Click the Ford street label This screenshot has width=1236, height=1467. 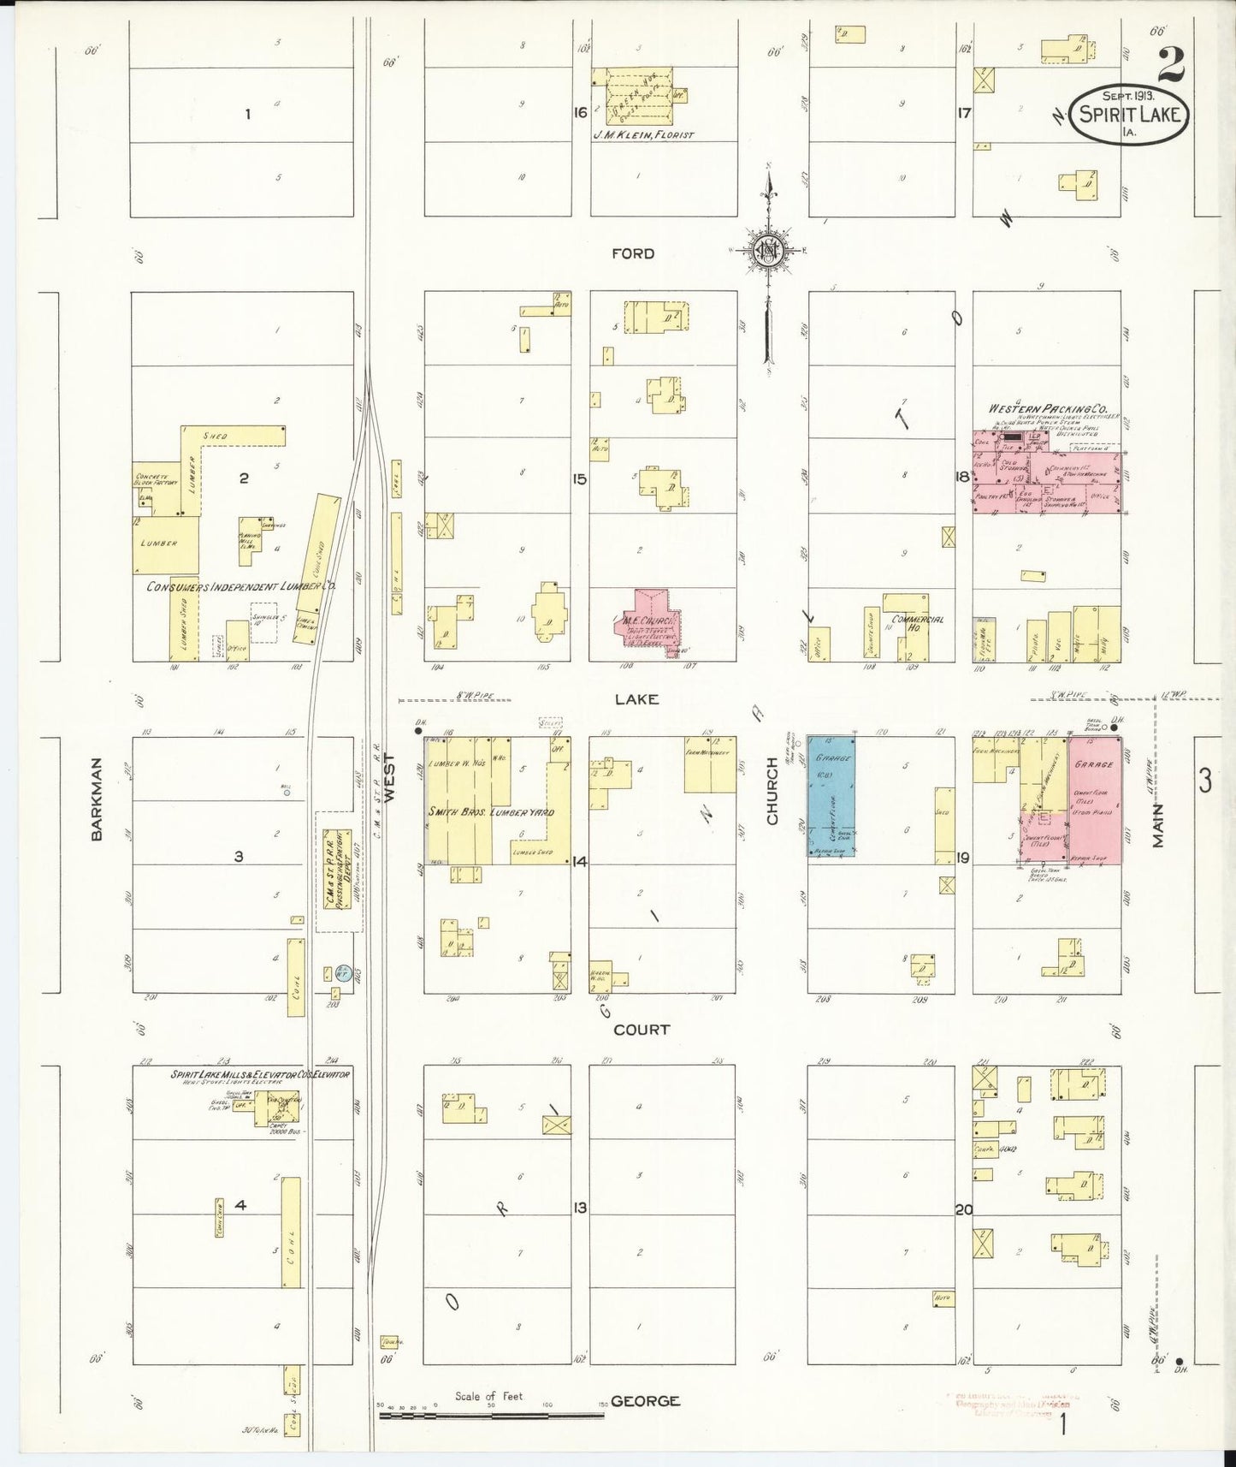(633, 253)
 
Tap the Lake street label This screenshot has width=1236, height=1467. (637, 699)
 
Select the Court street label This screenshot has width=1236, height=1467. (642, 1030)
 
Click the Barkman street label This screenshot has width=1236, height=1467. (97, 799)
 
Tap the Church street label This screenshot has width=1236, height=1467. (772, 803)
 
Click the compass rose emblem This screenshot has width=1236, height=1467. (767, 251)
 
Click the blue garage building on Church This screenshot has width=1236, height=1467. (831, 796)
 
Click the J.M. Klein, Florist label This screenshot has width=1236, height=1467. (642, 135)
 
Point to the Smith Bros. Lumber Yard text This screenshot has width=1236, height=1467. (492, 811)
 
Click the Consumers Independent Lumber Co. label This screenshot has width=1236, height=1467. (241, 587)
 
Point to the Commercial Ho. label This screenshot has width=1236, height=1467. (917, 620)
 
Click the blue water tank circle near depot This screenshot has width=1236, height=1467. (342, 972)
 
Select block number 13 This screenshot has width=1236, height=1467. (581, 1209)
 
